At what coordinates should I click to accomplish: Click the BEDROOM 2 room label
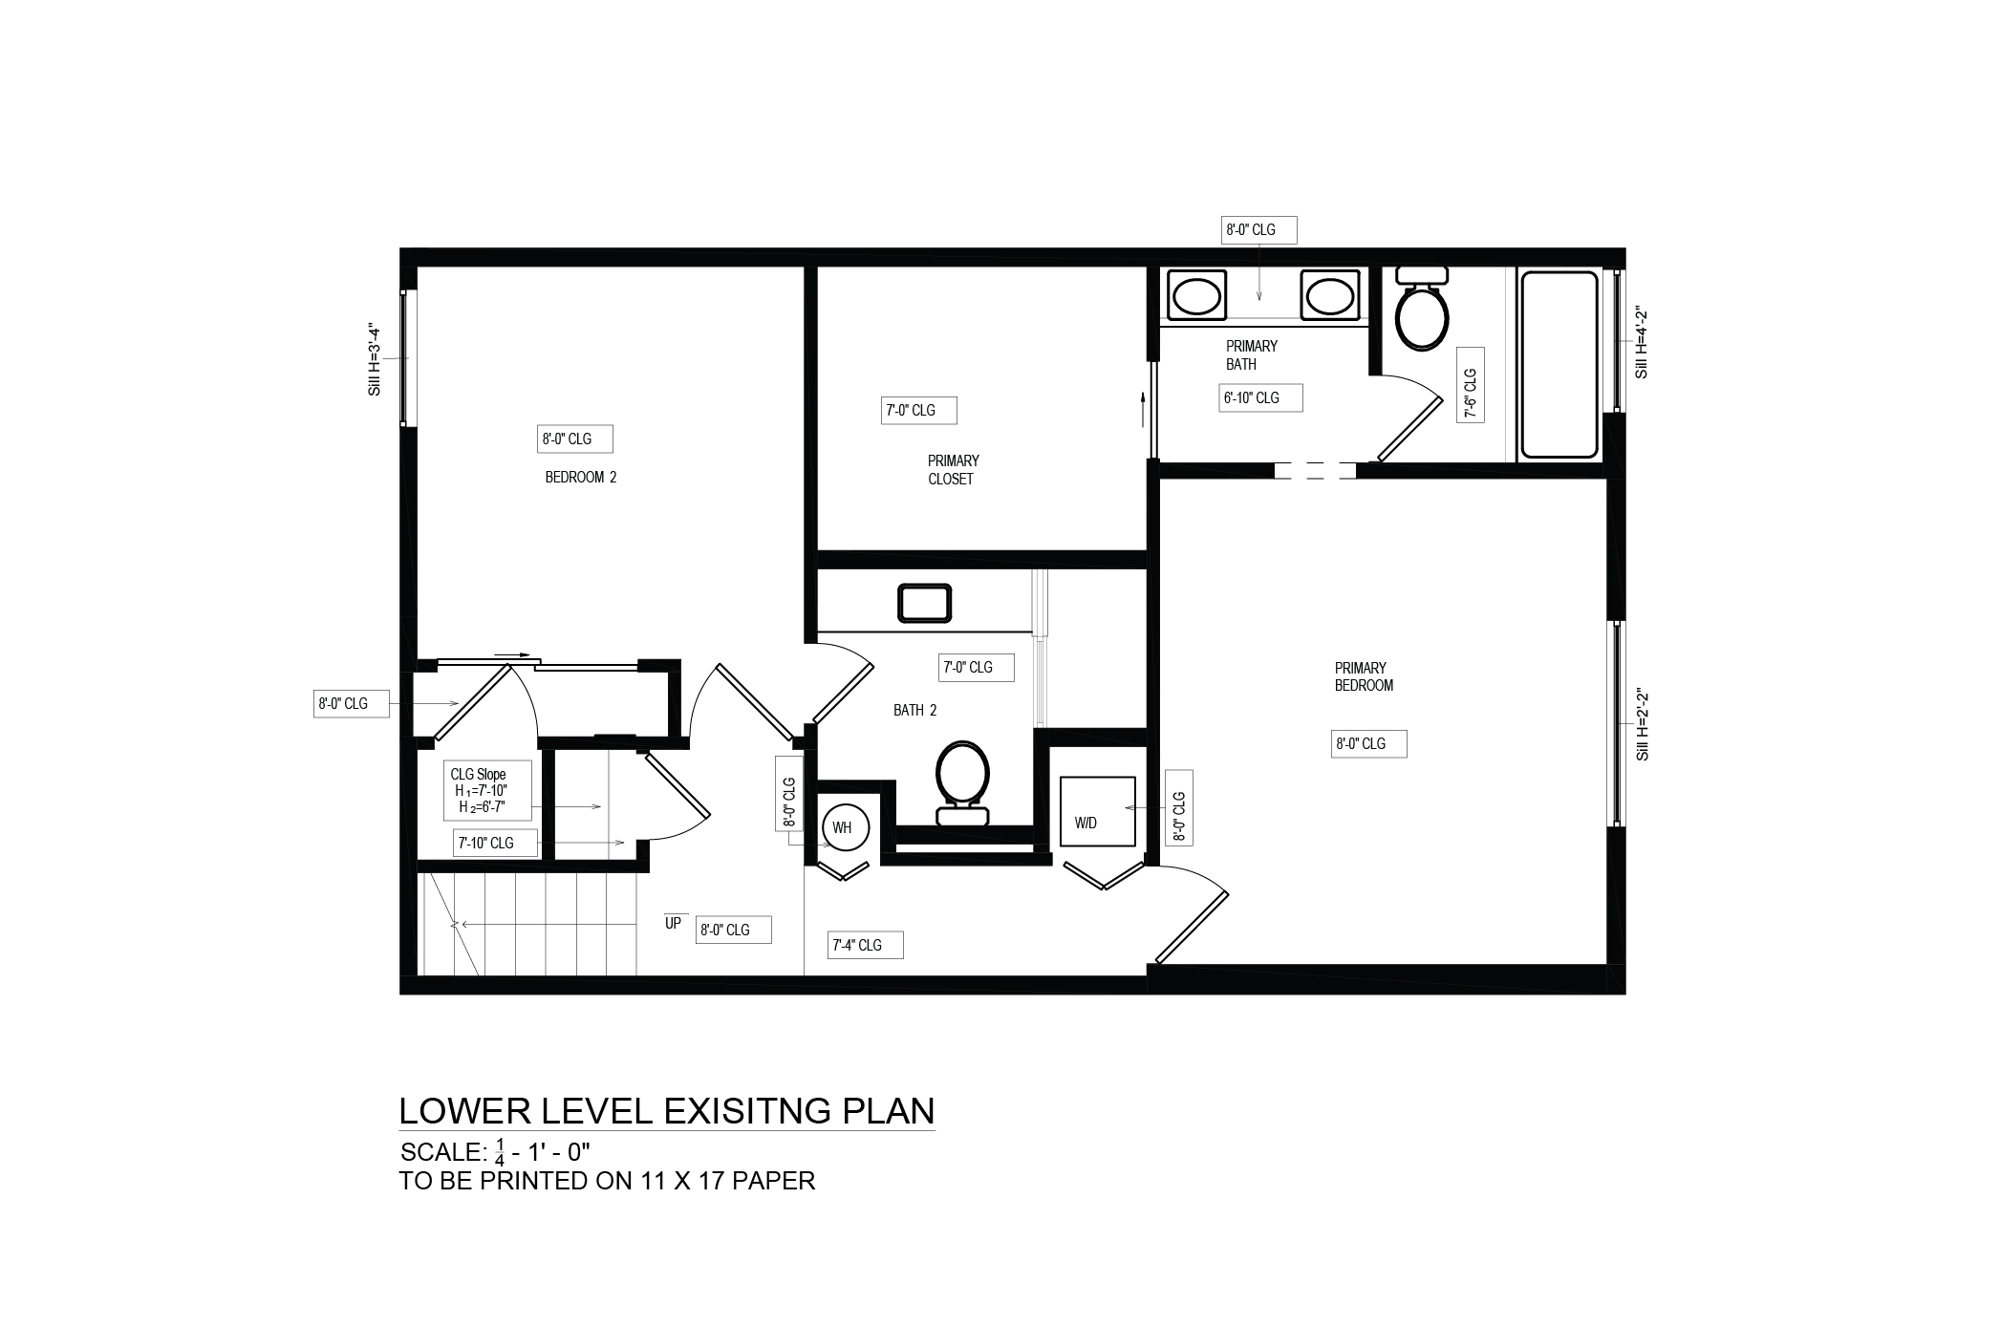[581, 477]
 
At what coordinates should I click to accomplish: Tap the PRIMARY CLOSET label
[953, 470]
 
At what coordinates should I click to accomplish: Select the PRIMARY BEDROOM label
[1364, 676]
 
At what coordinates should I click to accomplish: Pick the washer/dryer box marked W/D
[1098, 811]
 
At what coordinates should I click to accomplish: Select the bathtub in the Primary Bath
[1559, 364]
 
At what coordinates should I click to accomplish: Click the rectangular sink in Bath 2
[924, 603]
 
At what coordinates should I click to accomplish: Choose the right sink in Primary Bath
[1327, 295]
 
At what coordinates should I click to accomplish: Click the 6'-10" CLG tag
[1261, 398]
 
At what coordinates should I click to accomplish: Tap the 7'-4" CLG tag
[864, 946]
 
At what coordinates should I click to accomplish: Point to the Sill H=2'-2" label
[1643, 724]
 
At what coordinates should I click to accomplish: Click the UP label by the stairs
[673, 924]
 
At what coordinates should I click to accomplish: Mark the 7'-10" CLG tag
[495, 844]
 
